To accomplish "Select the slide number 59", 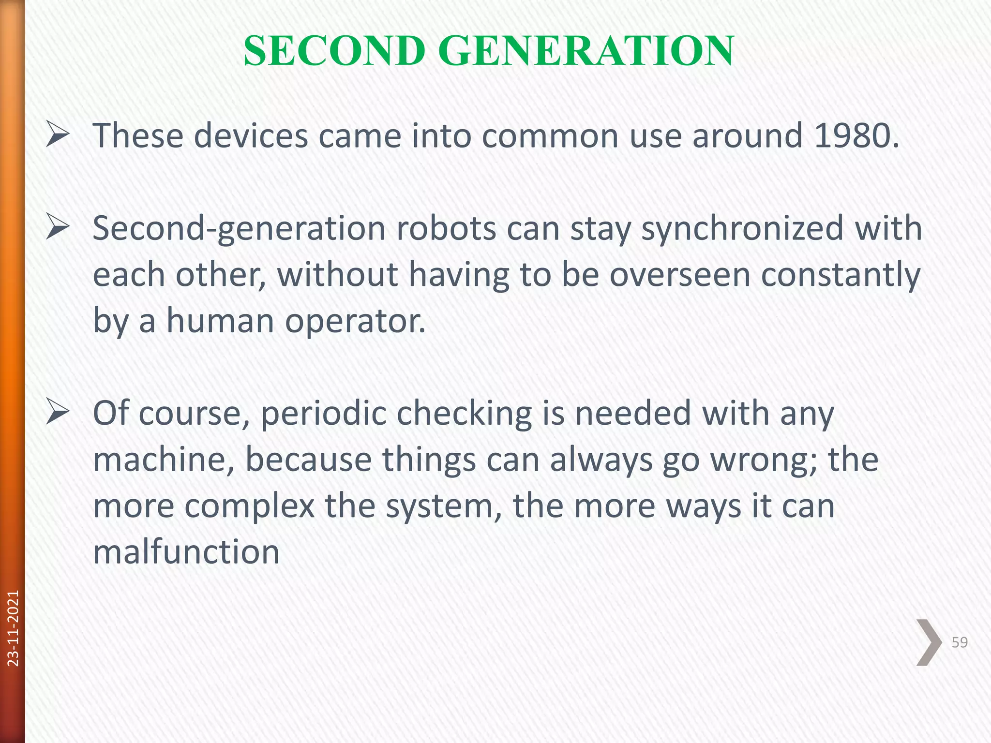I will point(960,642).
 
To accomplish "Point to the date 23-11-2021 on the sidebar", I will point(14,628).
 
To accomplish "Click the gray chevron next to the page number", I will point(929,642).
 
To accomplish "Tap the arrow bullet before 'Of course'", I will point(58,414).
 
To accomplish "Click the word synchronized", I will point(742,229).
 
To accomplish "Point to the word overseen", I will point(679,275).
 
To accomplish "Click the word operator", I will point(355,321).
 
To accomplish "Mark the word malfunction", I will point(186,552).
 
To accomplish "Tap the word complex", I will point(250,506).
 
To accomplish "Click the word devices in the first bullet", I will point(251,135).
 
